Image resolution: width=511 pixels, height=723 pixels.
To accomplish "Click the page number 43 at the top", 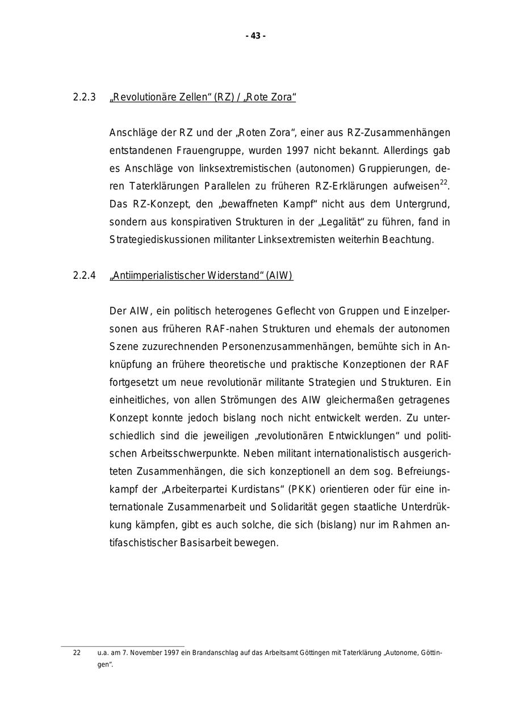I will pyautogui.click(x=256, y=36).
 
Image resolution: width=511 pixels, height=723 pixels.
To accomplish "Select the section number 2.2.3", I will pyautogui.click(x=84, y=98).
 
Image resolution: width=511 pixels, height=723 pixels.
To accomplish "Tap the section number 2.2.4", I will pyautogui.click(x=84, y=276).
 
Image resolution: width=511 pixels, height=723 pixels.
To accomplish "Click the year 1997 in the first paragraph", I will pyautogui.click(x=298, y=151).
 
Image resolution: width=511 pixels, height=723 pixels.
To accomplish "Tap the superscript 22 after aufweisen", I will pyautogui.click(x=444, y=183).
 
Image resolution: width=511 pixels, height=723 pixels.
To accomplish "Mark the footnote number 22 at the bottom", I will pyautogui.click(x=77, y=653).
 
